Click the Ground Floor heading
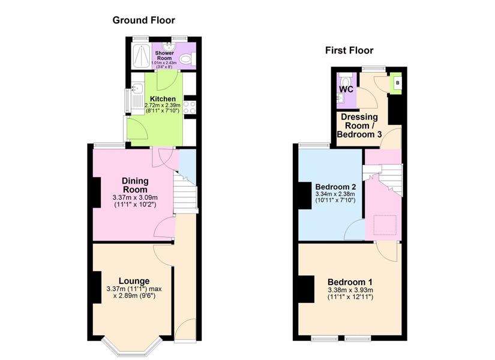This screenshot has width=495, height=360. point(143,20)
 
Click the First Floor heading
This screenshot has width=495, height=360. point(349,50)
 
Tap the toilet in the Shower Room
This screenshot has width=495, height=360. point(188,59)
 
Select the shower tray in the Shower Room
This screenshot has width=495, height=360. point(141,56)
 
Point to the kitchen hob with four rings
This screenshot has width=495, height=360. point(190,107)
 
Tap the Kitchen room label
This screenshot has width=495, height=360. point(163,99)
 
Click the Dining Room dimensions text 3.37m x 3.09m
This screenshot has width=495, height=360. point(135,197)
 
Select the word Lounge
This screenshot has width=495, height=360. point(134,281)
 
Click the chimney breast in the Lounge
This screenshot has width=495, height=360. point(97,287)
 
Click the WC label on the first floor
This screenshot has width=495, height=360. point(346,89)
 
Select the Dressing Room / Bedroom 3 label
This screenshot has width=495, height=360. point(359,125)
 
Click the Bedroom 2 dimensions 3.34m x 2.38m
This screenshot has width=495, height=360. point(335,194)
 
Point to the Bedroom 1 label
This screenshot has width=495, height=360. point(350,282)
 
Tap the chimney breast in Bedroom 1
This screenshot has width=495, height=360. point(306,289)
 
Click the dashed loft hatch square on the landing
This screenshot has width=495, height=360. point(385,225)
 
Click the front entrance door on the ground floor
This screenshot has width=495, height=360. point(185,330)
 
